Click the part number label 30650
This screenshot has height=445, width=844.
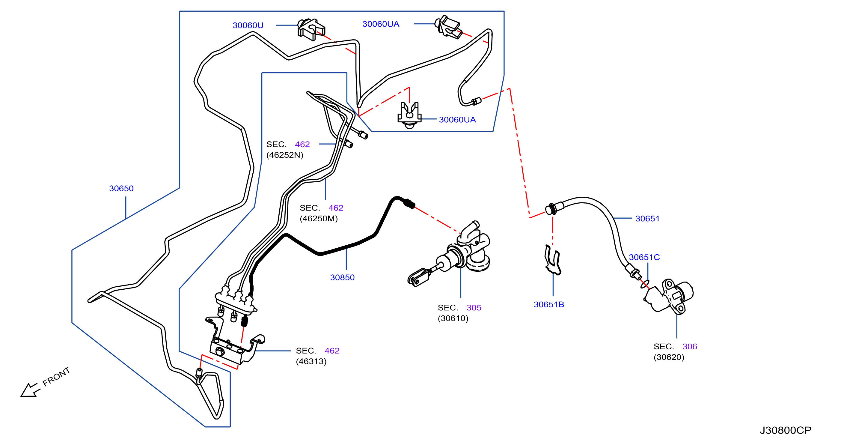coord(121,188)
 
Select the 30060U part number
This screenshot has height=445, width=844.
coord(248,25)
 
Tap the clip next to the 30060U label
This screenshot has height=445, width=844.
coord(311,29)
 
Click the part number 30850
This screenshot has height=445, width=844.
coord(342,278)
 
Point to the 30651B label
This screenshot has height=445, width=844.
coord(549,304)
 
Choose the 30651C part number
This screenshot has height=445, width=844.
coord(644,257)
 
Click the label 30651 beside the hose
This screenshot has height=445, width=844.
coord(647,219)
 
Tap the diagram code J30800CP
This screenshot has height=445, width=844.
coord(786,430)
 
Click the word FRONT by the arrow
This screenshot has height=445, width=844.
coord(56,376)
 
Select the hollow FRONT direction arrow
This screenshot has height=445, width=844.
coord(31,390)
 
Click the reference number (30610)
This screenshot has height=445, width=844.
coord(453,318)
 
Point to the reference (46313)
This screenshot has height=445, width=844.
coord(311,361)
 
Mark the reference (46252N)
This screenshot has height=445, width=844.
coord(285,155)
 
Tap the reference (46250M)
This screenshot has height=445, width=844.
coord(319,219)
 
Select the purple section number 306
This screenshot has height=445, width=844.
coord(690,346)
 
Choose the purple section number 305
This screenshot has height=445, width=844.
coord(474,308)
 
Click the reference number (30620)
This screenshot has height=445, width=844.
coord(669,357)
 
